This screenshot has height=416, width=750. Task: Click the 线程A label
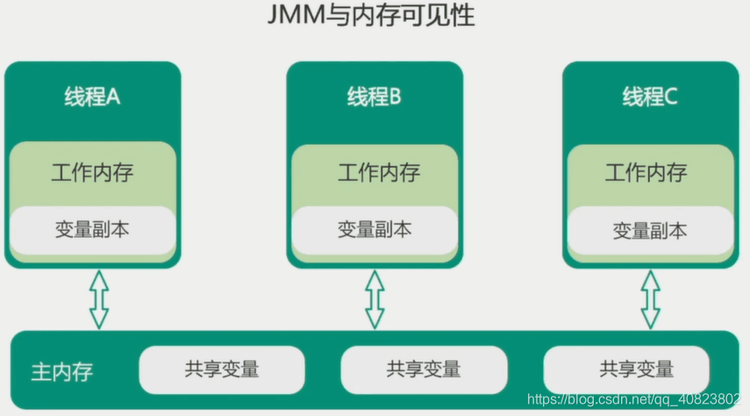[x=92, y=97]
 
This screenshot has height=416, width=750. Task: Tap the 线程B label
[x=374, y=97]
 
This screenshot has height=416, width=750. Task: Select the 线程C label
[x=650, y=97]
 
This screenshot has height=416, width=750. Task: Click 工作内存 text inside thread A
[x=92, y=171]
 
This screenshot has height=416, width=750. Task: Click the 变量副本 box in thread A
[x=92, y=229]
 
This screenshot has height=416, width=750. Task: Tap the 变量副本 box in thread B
[x=375, y=230]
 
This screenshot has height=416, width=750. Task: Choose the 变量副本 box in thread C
[x=650, y=231]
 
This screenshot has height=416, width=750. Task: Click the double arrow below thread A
[x=98, y=298]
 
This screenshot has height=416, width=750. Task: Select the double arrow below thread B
[x=375, y=298]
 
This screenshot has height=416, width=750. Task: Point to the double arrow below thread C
[x=650, y=298]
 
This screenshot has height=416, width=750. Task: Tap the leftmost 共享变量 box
[x=222, y=369]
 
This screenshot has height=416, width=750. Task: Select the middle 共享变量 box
[x=424, y=369]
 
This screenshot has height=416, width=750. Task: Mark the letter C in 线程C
[x=671, y=97]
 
